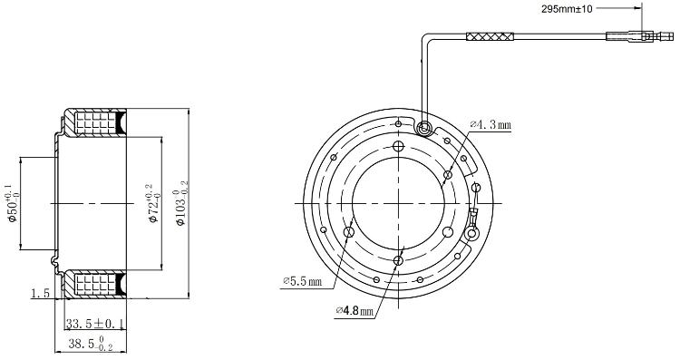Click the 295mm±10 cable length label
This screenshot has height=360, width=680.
567,9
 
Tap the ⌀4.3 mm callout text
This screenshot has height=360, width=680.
491,125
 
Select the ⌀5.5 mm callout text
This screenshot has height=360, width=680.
303,281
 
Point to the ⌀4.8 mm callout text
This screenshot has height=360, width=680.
355,310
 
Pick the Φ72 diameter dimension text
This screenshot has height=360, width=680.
152,203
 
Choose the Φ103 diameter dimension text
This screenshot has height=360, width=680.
180,203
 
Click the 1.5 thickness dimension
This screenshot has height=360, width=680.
41,294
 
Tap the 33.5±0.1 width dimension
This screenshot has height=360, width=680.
95,324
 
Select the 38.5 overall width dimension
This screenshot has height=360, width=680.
91,344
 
